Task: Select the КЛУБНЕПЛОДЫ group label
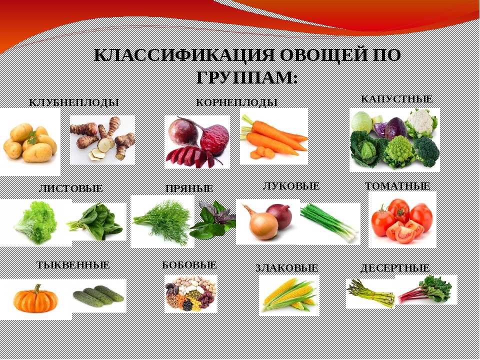tap(74, 102)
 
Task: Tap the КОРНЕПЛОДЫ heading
tap(236, 102)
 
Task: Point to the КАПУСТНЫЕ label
tap(396, 99)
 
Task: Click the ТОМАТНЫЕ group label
tap(397, 186)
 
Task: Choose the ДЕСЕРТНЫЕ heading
tap(395, 268)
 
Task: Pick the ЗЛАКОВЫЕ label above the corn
tap(287, 268)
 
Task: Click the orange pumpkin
tap(35, 299)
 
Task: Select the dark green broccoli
tap(426, 151)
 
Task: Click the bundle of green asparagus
tap(370, 293)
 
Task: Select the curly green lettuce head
tap(36, 222)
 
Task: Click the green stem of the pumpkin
tap(37, 288)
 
